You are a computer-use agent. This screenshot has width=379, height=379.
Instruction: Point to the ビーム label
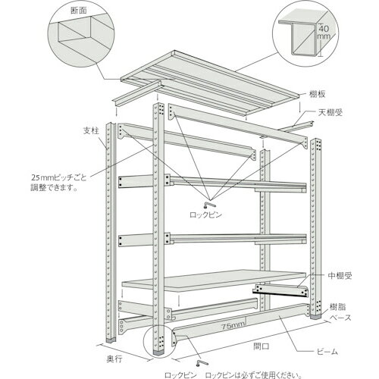coord(327,353)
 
